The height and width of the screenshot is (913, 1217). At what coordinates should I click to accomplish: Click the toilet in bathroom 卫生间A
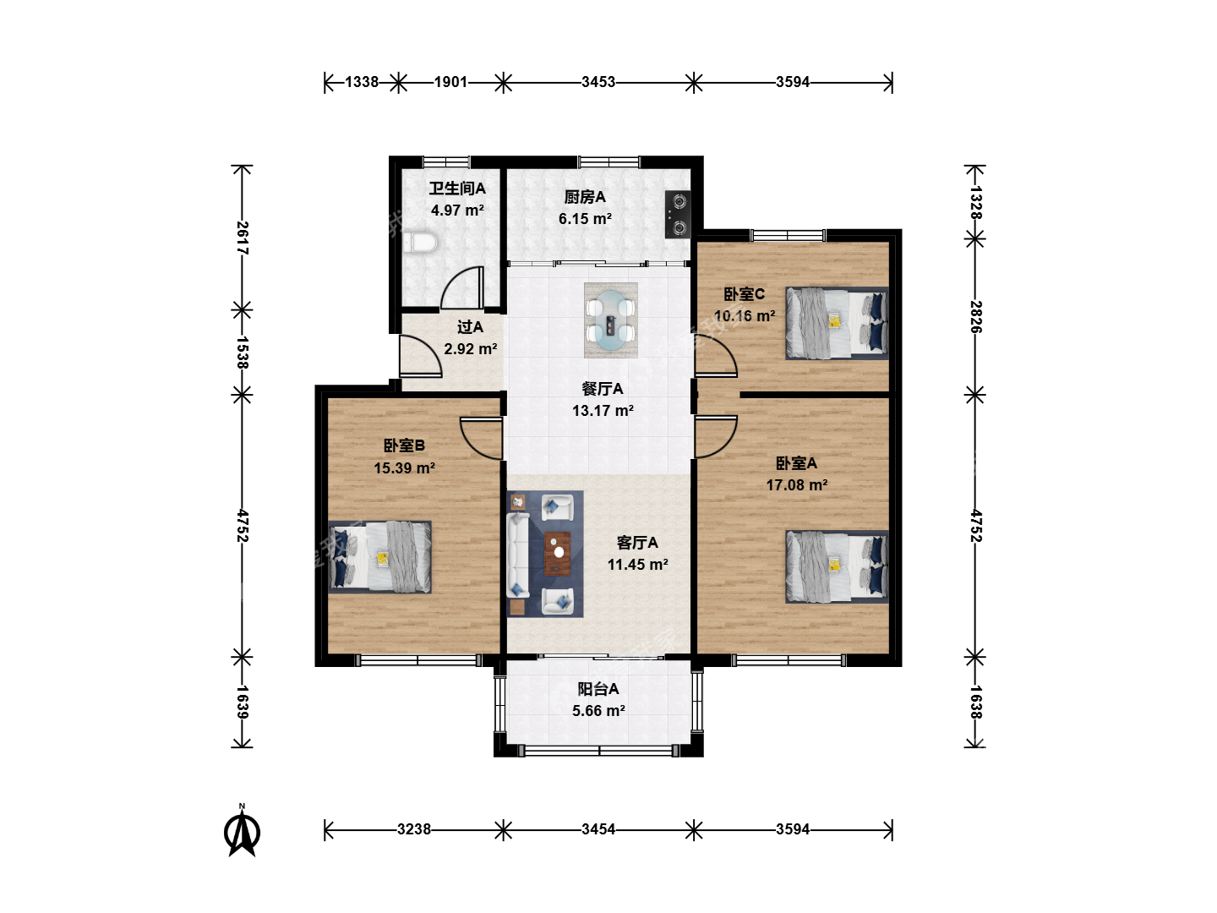(x=420, y=243)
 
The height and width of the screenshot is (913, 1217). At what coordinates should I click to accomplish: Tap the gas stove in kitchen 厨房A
(x=678, y=214)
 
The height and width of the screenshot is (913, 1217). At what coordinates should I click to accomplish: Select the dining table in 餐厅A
(x=610, y=320)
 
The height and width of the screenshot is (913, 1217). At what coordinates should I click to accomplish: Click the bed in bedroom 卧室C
(x=837, y=323)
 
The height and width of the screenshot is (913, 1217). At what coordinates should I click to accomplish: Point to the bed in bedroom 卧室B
(x=379, y=556)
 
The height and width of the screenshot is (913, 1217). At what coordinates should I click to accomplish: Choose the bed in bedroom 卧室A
(x=837, y=566)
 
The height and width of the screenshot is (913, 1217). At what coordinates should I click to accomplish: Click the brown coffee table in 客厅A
(x=557, y=553)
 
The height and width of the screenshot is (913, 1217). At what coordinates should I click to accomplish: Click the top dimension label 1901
(x=450, y=82)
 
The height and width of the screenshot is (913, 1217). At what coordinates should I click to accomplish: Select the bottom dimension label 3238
(x=413, y=829)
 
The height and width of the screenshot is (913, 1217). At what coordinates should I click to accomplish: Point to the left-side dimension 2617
(x=243, y=238)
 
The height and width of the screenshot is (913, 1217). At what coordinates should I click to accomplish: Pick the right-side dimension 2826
(x=976, y=317)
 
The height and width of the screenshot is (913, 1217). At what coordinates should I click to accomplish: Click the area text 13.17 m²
(x=603, y=411)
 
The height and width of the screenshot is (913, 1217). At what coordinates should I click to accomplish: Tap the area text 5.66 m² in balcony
(x=599, y=711)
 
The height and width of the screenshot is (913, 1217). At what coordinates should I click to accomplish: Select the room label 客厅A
(x=637, y=543)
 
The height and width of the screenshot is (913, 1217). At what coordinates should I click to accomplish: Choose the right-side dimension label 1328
(x=976, y=202)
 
